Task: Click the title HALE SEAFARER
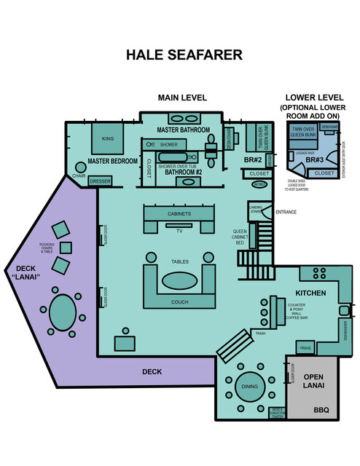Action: (x=184, y=55)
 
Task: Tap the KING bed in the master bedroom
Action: (x=107, y=138)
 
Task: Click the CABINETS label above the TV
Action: (x=179, y=214)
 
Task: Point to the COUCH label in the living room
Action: (x=179, y=302)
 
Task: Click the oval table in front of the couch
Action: (x=179, y=280)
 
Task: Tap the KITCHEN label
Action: (x=310, y=293)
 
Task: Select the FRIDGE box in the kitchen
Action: (x=305, y=349)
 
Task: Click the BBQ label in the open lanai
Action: (x=321, y=411)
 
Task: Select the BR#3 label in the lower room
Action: (x=315, y=159)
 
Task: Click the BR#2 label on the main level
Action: (x=252, y=159)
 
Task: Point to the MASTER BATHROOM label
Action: (x=184, y=130)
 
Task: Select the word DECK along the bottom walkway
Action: (x=152, y=371)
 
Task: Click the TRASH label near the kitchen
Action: (x=261, y=333)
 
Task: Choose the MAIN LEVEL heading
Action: (x=183, y=98)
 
